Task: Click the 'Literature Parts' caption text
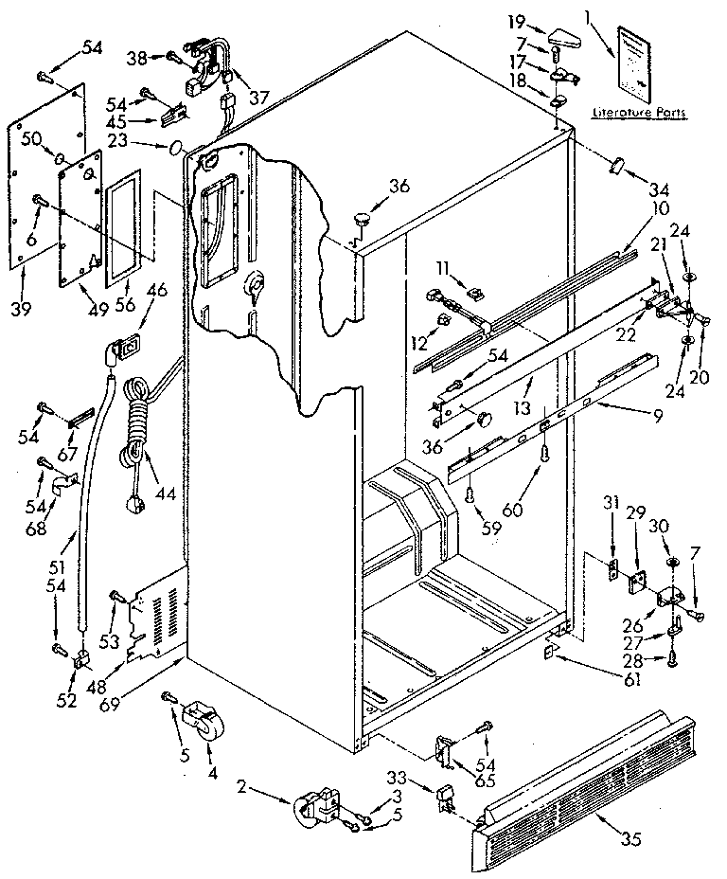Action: pos(639,113)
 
